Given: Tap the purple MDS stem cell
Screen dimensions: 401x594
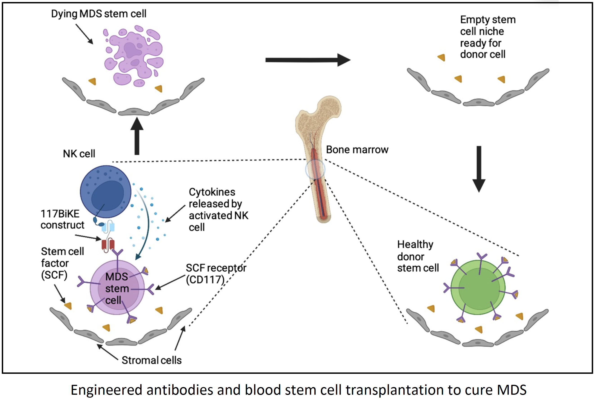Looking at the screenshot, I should pos(117,287).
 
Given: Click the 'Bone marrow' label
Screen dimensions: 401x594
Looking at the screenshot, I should pos(357,150).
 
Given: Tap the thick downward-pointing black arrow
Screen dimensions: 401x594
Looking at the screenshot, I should pos(479,169).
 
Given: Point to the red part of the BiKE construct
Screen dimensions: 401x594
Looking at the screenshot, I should pos(108,245).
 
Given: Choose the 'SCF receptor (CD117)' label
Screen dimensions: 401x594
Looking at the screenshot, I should pos(215,274).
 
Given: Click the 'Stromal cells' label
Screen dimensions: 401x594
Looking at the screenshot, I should pos(151,360).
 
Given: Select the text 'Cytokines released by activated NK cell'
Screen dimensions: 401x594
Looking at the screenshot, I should pos(218,209).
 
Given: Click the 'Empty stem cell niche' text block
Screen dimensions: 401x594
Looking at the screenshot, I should pos(487,37).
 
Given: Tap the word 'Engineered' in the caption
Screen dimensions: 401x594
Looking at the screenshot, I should pos(106,390).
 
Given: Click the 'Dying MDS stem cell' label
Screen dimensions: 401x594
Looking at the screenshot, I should pos(99,13).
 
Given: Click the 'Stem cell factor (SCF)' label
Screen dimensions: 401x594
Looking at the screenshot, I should pos(62,263).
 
